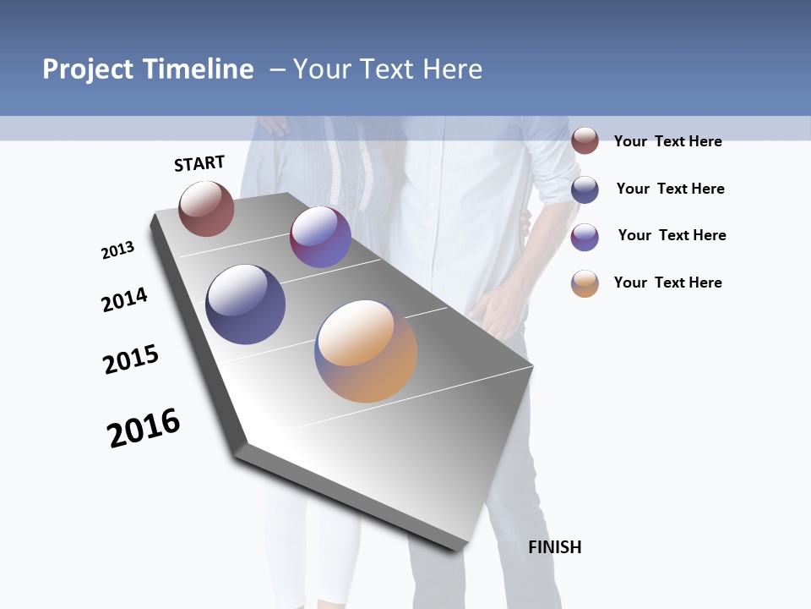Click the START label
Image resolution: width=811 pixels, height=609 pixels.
[199, 163]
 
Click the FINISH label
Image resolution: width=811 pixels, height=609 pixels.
[555, 547]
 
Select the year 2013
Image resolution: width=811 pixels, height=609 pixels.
[117, 250]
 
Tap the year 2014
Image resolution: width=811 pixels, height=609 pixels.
[125, 299]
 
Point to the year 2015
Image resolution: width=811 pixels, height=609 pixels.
[131, 359]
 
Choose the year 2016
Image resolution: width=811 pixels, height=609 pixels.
[144, 428]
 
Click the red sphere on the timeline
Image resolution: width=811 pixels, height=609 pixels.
[206, 209]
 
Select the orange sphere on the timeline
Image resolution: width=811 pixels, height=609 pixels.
[366, 351]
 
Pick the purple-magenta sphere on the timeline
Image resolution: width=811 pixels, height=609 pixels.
[320, 237]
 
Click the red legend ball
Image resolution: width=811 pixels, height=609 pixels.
[585, 140]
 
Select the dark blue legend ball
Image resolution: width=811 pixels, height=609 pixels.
[585, 189]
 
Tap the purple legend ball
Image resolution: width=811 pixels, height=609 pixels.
[585, 237]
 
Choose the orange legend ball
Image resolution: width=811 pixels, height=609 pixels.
[585, 283]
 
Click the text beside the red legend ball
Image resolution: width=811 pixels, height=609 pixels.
[667, 141]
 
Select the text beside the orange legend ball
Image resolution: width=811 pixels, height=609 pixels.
[667, 283]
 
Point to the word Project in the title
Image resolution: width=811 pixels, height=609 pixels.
[87, 69]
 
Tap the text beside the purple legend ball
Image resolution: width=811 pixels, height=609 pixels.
[672, 235]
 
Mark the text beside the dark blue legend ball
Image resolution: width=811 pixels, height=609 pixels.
[670, 189]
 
